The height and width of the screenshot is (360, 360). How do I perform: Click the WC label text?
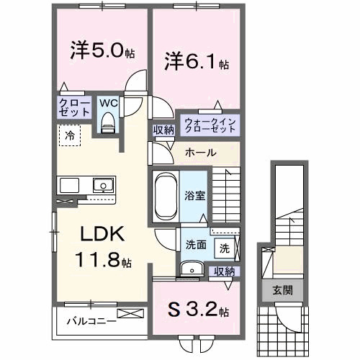pyautogui.click(x=108, y=102)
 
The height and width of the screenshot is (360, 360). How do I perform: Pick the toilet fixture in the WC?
pyautogui.click(x=108, y=124)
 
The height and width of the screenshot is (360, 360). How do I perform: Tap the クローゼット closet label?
pyautogui.click(x=74, y=108)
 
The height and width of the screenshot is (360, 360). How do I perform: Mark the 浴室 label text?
pyautogui.click(x=195, y=194)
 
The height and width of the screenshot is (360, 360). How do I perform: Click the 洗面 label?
pyautogui.click(x=196, y=244)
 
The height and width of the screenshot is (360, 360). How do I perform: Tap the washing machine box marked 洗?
pyautogui.click(x=224, y=248)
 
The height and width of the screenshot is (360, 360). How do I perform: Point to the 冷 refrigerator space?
pyautogui.click(x=71, y=135)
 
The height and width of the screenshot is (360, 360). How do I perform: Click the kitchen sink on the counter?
pyautogui.click(x=102, y=186)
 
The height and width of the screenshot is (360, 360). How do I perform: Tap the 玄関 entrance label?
pyautogui.click(x=282, y=291)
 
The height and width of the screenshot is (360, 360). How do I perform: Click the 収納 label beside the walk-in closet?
pyautogui.click(x=162, y=130)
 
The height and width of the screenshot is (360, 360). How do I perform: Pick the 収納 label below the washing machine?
pyautogui.click(x=224, y=271)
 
